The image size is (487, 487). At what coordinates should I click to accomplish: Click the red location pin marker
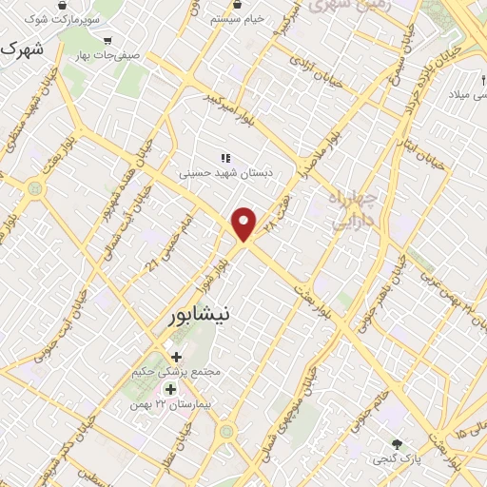click(245, 223)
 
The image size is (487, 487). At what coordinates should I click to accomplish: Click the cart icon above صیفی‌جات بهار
click(106, 41)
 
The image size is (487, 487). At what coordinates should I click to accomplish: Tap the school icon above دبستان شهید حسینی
click(224, 159)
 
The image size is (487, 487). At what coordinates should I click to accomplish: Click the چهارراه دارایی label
click(351, 210)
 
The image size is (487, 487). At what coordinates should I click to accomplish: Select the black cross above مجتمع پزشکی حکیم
click(176, 356)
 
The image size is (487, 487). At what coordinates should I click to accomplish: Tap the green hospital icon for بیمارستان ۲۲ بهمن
click(171, 389)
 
